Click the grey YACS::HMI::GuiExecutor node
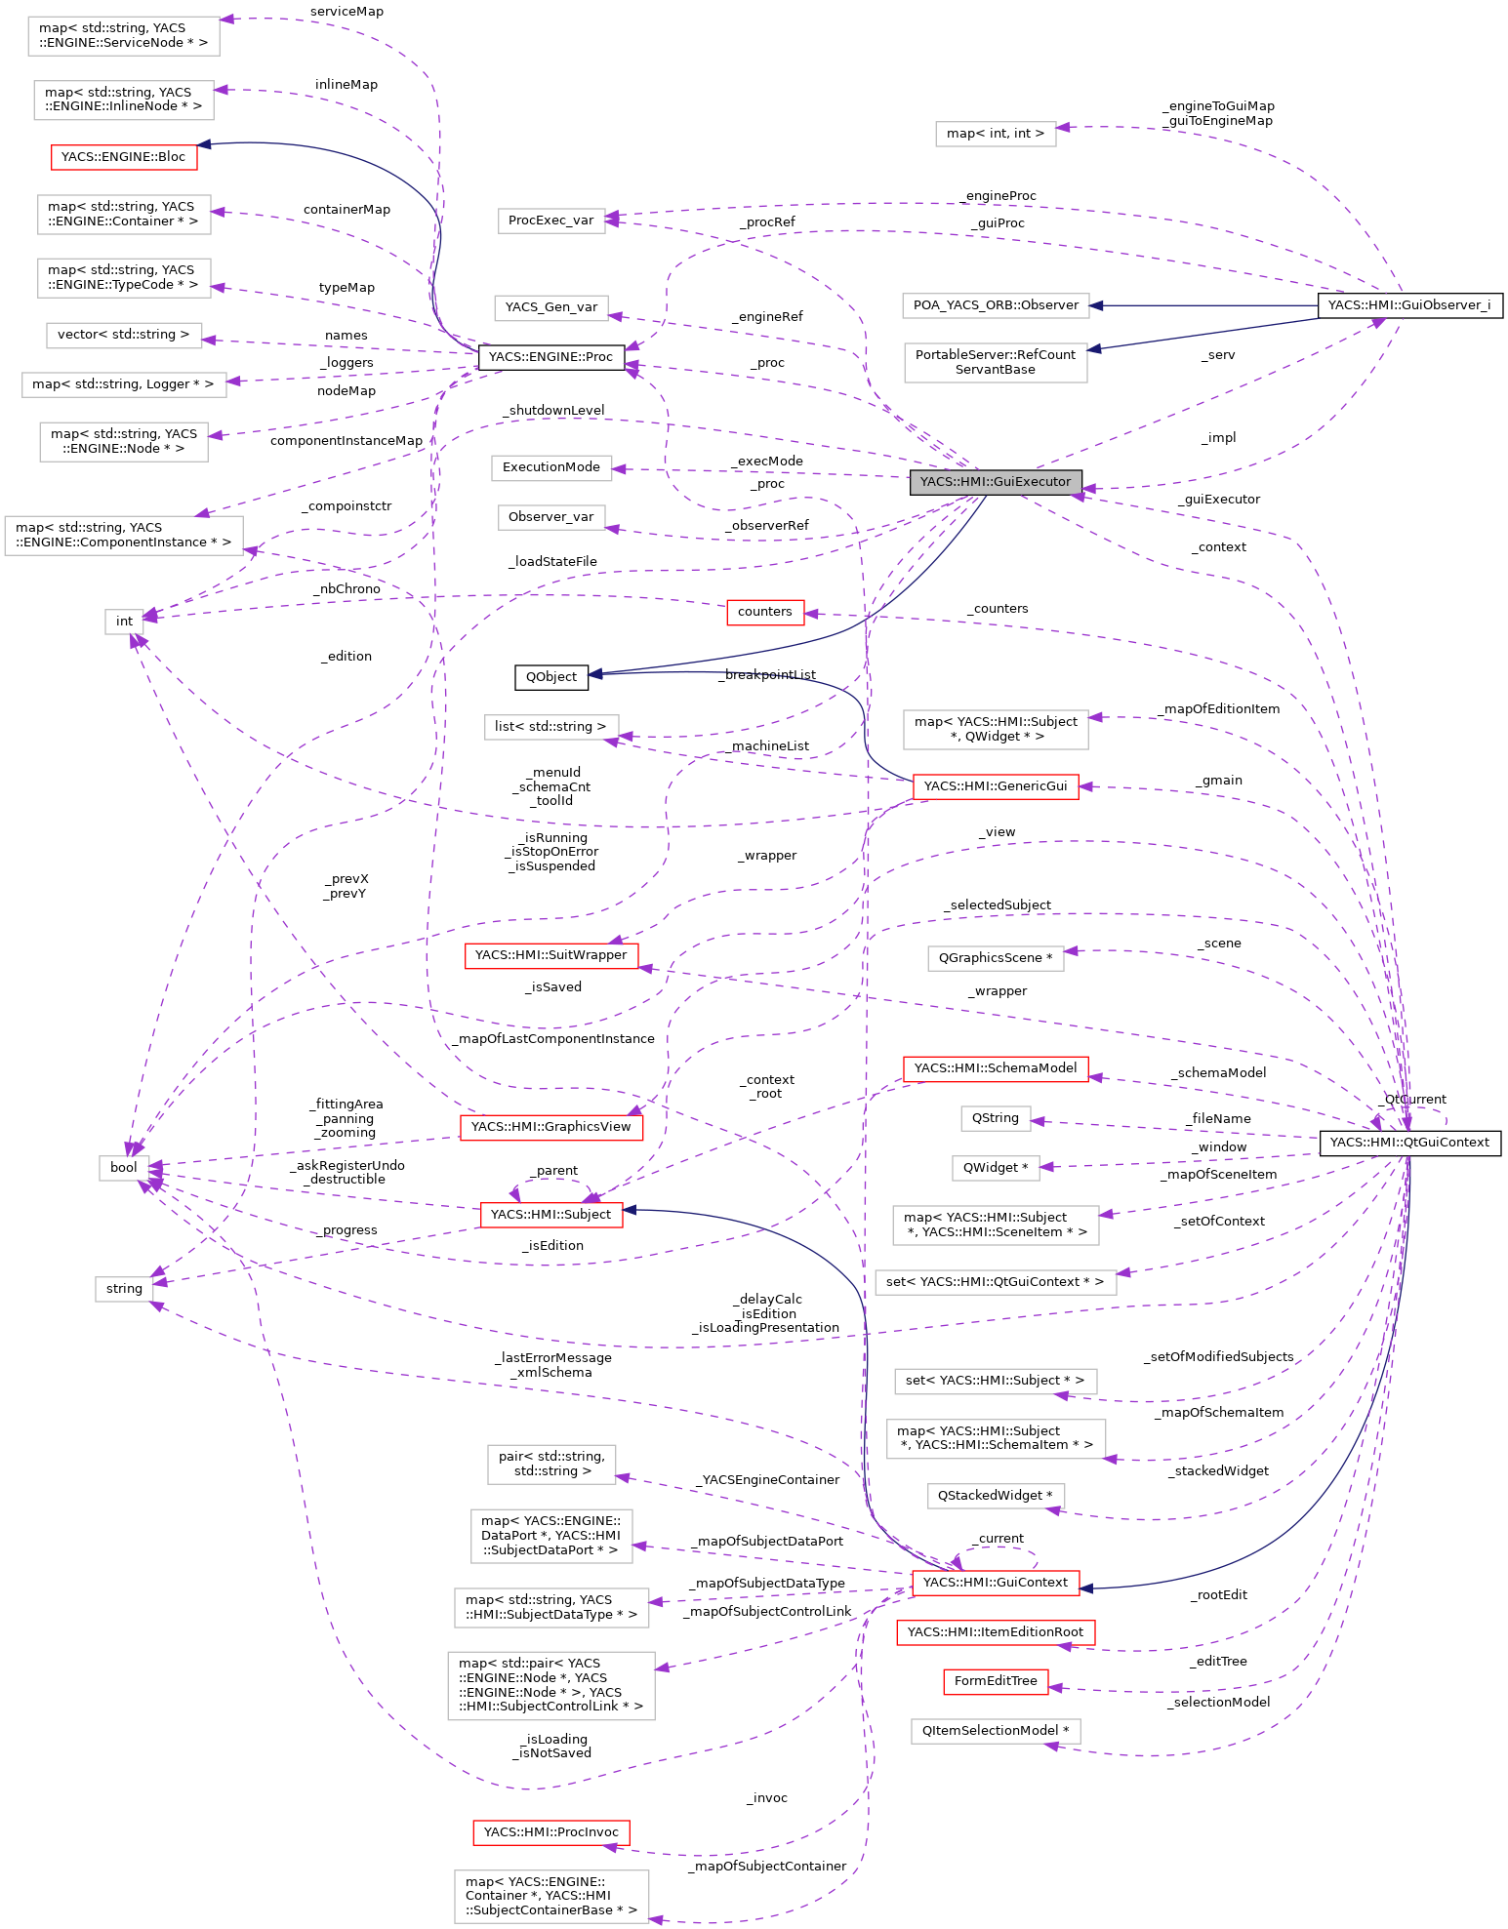[x=996, y=482]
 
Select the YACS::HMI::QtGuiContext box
[x=1409, y=1143]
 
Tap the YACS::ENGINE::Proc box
[x=550, y=357]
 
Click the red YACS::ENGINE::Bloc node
[x=123, y=156]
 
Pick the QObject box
[x=551, y=677]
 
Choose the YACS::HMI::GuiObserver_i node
[x=1409, y=305]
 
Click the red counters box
[x=765, y=612]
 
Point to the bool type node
[x=124, y=1168]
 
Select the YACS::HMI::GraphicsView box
[x=550, y=1127]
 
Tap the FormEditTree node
[x=996, y=1681]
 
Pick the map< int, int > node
[x=996, y=134]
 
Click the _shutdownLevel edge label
[x=553, y=411]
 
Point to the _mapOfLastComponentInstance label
[x=553, y=1039]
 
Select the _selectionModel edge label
[x=1218, y=1703]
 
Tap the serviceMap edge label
[x=346, y=12]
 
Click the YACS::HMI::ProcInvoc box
[x=550, y=1832]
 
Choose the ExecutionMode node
[x=551, y=467]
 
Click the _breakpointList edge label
[x=766, y=675]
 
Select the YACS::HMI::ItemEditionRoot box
[x=996, y=1632]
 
